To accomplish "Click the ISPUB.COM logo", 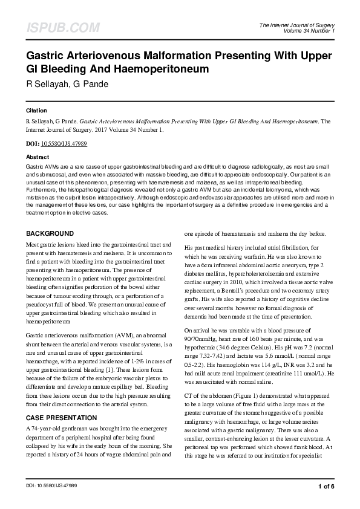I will [x=54, y=27].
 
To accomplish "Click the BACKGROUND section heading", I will [x=50, y=233].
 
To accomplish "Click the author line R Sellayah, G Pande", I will [x=67, y=84].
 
